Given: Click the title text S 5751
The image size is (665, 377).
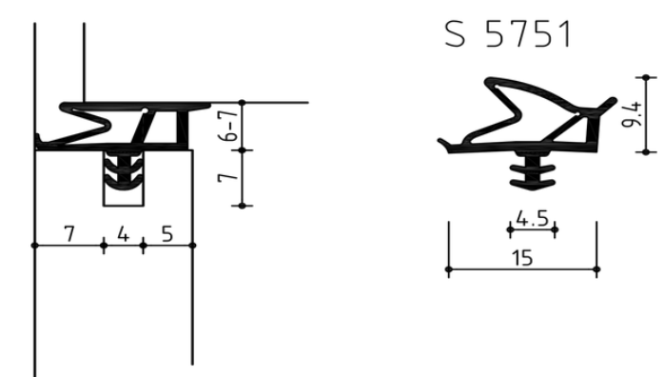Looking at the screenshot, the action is [508, 34].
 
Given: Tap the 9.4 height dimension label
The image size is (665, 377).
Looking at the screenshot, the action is [632, 114].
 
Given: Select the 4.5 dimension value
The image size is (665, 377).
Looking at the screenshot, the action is [533, 218].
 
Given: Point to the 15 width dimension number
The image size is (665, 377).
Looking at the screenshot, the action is [522, 258].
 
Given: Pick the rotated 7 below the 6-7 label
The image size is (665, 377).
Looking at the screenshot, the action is [229, 177].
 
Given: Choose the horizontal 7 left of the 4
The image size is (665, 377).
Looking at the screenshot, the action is [69, 234].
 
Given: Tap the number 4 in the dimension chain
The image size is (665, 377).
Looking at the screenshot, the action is [123, 234].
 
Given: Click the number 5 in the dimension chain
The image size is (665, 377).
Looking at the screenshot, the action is [167, 234].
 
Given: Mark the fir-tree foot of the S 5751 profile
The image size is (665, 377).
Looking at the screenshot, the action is [532, 170].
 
